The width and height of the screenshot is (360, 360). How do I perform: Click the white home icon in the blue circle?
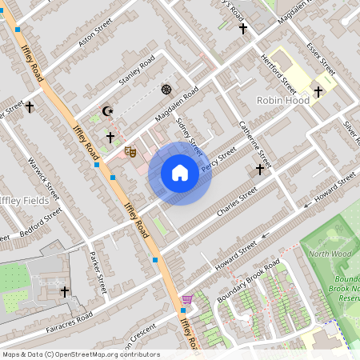point(180,173)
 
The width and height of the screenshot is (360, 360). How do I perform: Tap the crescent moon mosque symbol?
point(103,112)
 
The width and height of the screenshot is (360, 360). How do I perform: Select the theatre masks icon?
point(130,150)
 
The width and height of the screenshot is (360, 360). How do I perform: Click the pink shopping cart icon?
point(186,299)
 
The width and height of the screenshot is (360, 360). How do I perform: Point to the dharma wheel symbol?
point(166,89)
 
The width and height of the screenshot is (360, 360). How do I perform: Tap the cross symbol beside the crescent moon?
point(110,137)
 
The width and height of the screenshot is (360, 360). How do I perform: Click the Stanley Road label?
point(136,72)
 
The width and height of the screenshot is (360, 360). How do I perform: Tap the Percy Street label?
point(219,158)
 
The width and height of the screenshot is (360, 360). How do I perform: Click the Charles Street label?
point(237,202)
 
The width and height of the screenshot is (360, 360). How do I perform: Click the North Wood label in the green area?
point(330,254)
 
